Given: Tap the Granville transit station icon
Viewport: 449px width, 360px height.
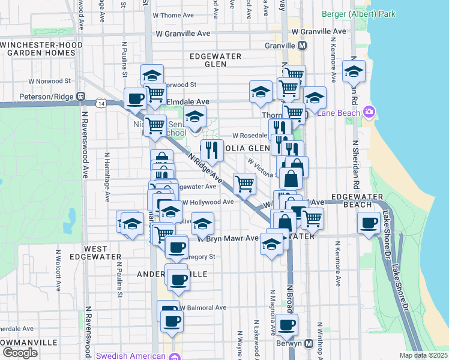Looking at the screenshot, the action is [302, 46].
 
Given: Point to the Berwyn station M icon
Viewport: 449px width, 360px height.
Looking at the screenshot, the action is [309, 344].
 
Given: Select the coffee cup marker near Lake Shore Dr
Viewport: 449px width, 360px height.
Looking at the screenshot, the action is [368, 224].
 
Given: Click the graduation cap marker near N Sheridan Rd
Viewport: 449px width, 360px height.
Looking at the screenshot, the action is [354, 71].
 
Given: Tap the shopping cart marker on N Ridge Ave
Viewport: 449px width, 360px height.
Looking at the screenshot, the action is [244, 183].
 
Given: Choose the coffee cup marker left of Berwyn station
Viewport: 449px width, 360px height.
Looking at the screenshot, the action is [286, 325].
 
